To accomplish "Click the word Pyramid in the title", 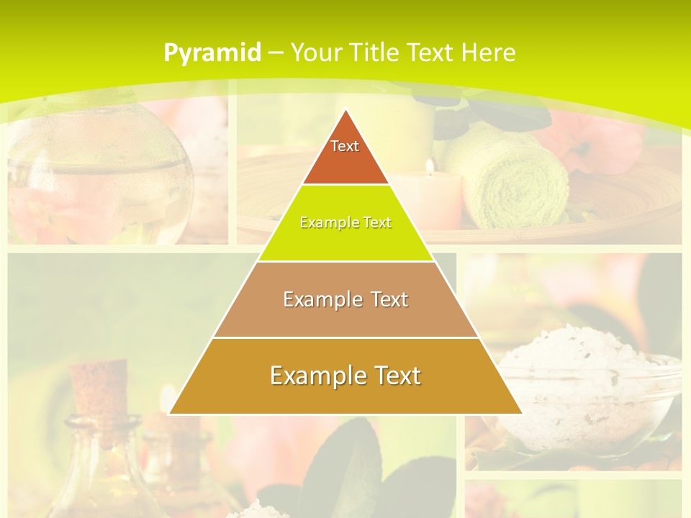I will pyautogui.click(x=212, y=53).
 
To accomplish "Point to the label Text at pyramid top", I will pyautogui.click(x=345, y=146).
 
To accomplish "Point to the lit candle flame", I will pyautogui.click(x=430, y=167).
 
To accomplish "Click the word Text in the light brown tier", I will pyautogui.click(x=384, y=299).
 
